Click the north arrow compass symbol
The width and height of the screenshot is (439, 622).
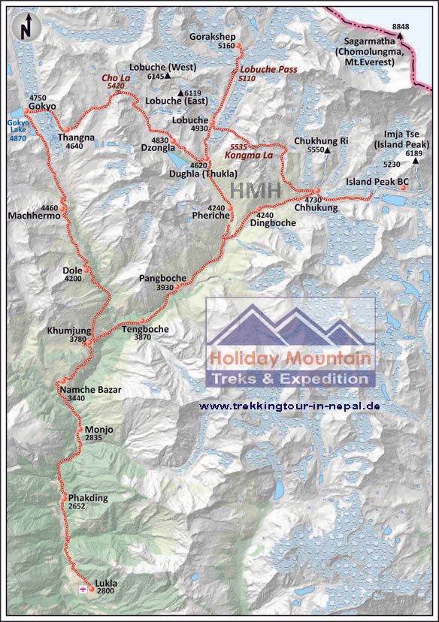coord(26,29)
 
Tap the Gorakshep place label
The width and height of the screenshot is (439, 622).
coord(214,36)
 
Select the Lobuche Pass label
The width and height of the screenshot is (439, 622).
coord(254,69)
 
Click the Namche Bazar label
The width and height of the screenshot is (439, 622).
coord(89,389)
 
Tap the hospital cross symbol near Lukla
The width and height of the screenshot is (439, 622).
coord(82,590)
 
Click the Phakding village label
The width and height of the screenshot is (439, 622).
coord(88,498)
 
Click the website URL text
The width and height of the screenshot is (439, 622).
coord(289,406)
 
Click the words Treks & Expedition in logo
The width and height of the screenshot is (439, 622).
coord(290,379)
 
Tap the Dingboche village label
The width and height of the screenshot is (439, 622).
coord(272,222)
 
